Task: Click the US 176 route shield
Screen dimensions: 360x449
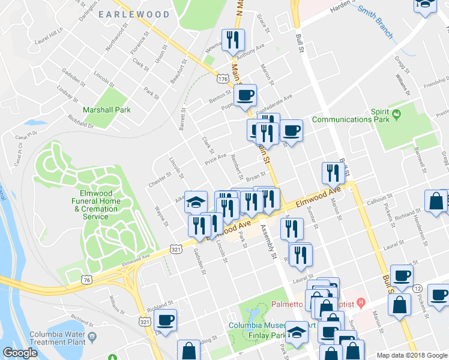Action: [x=223, y=79]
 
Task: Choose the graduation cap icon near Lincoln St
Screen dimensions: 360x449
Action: [x=195, y=203]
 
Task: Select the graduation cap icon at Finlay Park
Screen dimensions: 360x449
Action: [x=297, y=332]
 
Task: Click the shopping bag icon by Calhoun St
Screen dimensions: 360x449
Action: [x=436, y=202]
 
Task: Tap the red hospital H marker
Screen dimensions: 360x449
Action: [x=360, y=301]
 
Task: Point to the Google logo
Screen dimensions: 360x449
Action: [x=20, y=353]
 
